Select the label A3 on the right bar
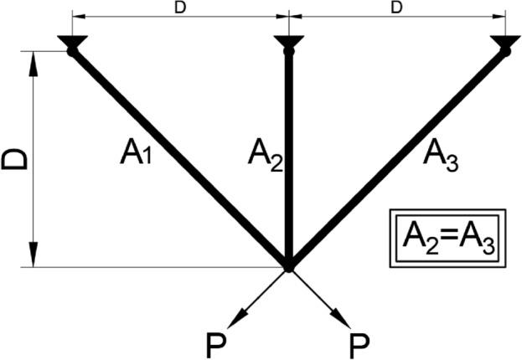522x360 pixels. tap(441, 153)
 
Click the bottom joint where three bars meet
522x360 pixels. tap(288, 266)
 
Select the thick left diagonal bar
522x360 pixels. tap(180, 159)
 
